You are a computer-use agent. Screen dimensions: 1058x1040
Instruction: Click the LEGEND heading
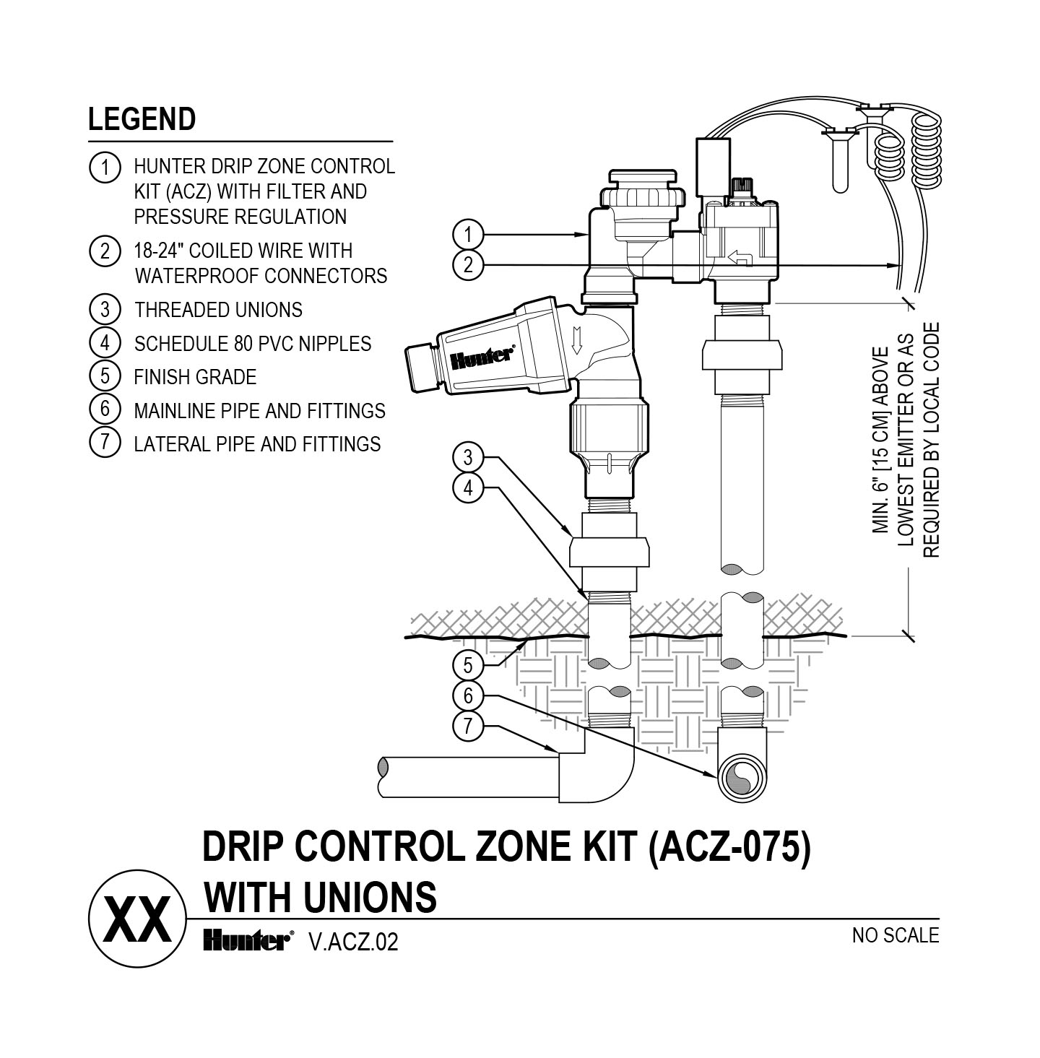click(x=142, y=119)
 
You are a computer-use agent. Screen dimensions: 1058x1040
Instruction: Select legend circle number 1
click(x=105, y=168)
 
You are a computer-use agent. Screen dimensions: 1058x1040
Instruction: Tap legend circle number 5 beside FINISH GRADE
click(x=105, y=376)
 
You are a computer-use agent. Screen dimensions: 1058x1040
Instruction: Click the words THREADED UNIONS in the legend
click(x=218, y=310)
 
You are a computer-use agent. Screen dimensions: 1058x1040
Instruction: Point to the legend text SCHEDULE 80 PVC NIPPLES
click(x=253, y=344)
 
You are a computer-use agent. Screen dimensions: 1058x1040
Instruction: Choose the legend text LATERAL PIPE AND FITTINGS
click(x=257, y=443)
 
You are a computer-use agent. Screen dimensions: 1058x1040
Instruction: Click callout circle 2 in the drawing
click(x=468, y=265)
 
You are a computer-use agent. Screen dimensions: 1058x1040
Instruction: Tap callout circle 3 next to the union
click(x=468, y=457)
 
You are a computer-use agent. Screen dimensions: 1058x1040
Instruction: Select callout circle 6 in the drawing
click(x=468, y=695)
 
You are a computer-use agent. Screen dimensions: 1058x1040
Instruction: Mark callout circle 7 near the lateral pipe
click(x=468, y=725)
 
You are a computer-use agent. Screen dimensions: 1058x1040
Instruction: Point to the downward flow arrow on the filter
click(x=576, y=339)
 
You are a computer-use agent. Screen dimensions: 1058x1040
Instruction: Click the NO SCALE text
click(x=895, y=935)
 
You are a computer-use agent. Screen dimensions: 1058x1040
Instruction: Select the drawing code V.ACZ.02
click(x=352, y=942)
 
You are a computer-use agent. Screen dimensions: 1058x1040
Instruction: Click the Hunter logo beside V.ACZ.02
click(x=246, y=940)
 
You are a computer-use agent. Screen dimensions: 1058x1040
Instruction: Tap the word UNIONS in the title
click(x=368, y=897)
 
